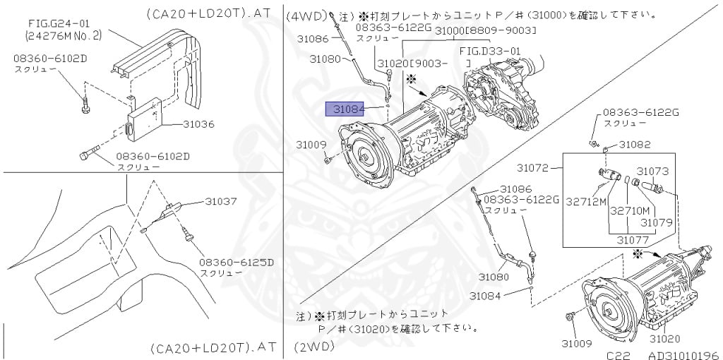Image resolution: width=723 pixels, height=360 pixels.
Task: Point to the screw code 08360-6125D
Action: click(231, 262)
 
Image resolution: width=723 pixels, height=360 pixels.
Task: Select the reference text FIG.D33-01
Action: click(489, 51)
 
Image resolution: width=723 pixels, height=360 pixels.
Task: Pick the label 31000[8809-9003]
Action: click(485, 30)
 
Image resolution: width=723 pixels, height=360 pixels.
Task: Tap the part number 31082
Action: click(635, 144)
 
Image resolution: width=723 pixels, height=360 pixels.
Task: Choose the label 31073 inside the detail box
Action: click(652, 171)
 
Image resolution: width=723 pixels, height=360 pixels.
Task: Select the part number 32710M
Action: click(629, 210)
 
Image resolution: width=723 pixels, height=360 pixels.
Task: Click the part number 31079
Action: click(657, 222)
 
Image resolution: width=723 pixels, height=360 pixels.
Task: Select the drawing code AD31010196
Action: click(683, 356)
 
